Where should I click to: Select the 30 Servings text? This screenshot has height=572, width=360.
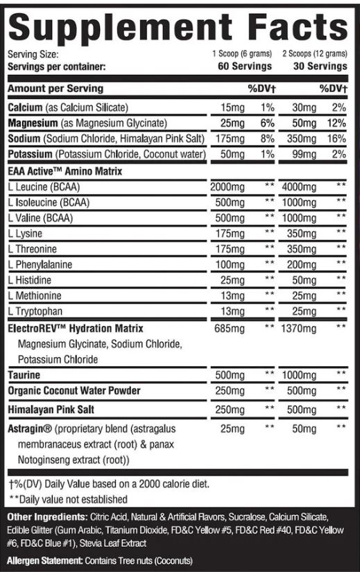(318, 67)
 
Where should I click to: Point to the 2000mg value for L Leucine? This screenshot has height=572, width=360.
(226, 187)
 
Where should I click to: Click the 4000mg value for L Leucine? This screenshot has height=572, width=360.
(300, 187)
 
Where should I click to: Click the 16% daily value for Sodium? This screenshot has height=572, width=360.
(336, 138)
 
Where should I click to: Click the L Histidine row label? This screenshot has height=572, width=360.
(33, 280)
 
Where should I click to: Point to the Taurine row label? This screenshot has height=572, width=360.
(24, 375)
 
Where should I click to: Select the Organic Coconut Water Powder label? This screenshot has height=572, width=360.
(74, 391)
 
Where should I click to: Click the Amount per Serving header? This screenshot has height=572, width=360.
(55, 89)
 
